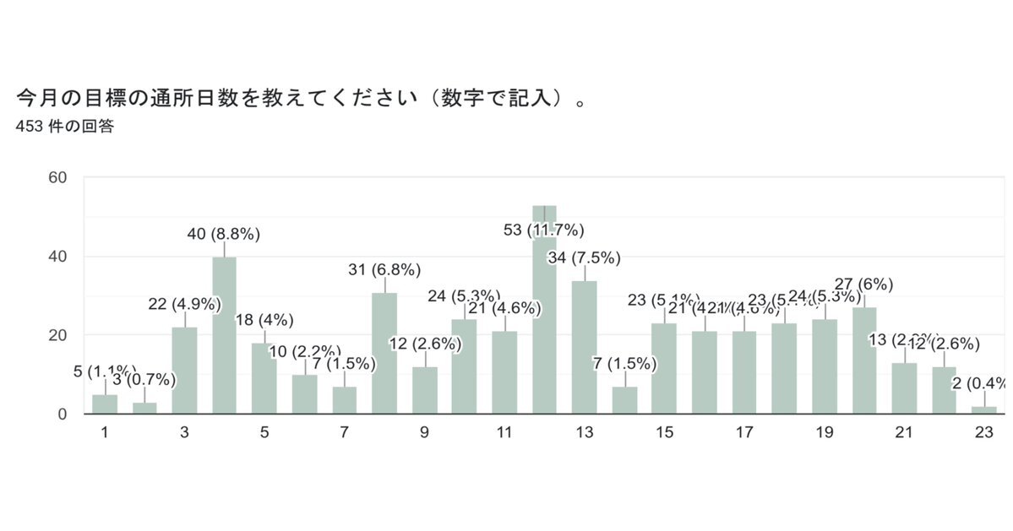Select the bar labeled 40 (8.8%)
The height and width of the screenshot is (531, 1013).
pyautogui.click(x=224, y=338)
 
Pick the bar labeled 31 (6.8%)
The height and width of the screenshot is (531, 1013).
pyautogui.click(x=384, y=355)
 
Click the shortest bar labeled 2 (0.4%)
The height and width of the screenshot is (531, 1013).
pyautogui.click(x=984, y=410)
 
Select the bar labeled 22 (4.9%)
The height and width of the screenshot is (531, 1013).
pyautogui.click(x=184, y=371)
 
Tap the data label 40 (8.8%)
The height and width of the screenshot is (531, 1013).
pyautogui.click(x=224, y=234)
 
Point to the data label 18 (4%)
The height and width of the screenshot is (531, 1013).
pyautogui.click(x=264, y=321)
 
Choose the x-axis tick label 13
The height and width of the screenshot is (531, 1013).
pyautogui.click(x=585, y=433)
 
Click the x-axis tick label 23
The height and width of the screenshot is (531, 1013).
pyautogui.click(x=983, y=433)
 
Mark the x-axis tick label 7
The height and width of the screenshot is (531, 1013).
pyautogui.click(x=344, y=433)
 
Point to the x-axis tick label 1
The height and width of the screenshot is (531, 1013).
pyautogui.click(x=105, y=433)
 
